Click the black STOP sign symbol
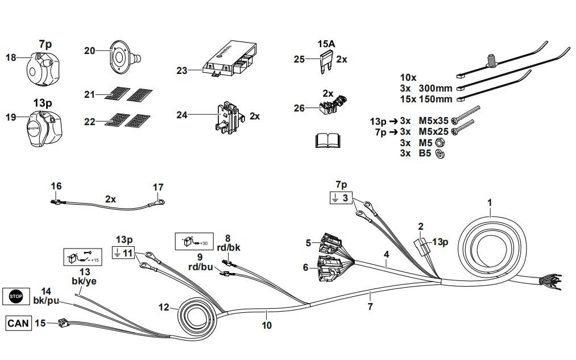click(x=15, y=296)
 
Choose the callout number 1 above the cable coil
click(x=490, y=202)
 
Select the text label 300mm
click(x=436, y=89)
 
